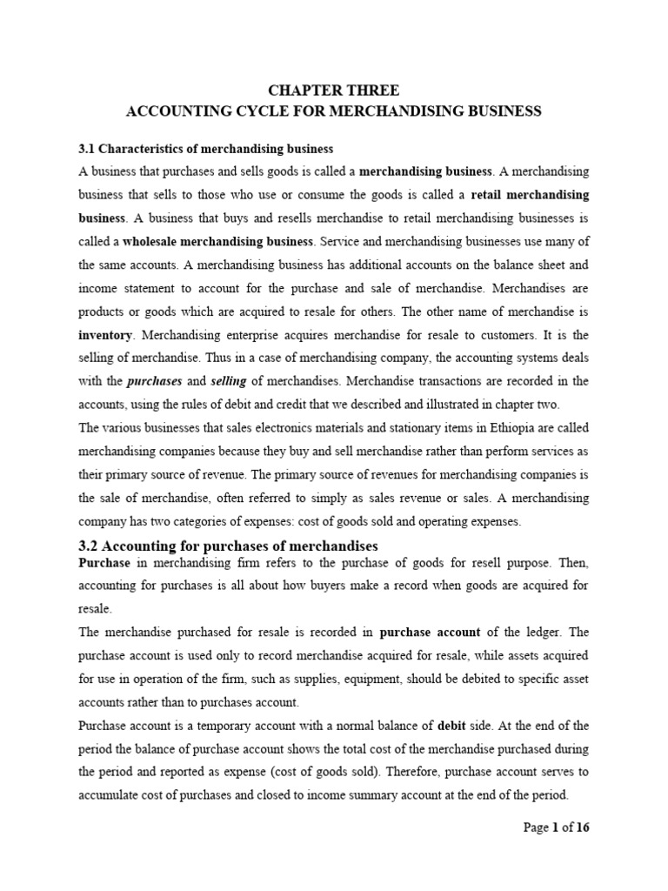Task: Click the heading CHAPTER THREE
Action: coord(333,90)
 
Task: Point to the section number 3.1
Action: coord(90,149)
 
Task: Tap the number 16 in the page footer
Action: coord(582,827)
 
